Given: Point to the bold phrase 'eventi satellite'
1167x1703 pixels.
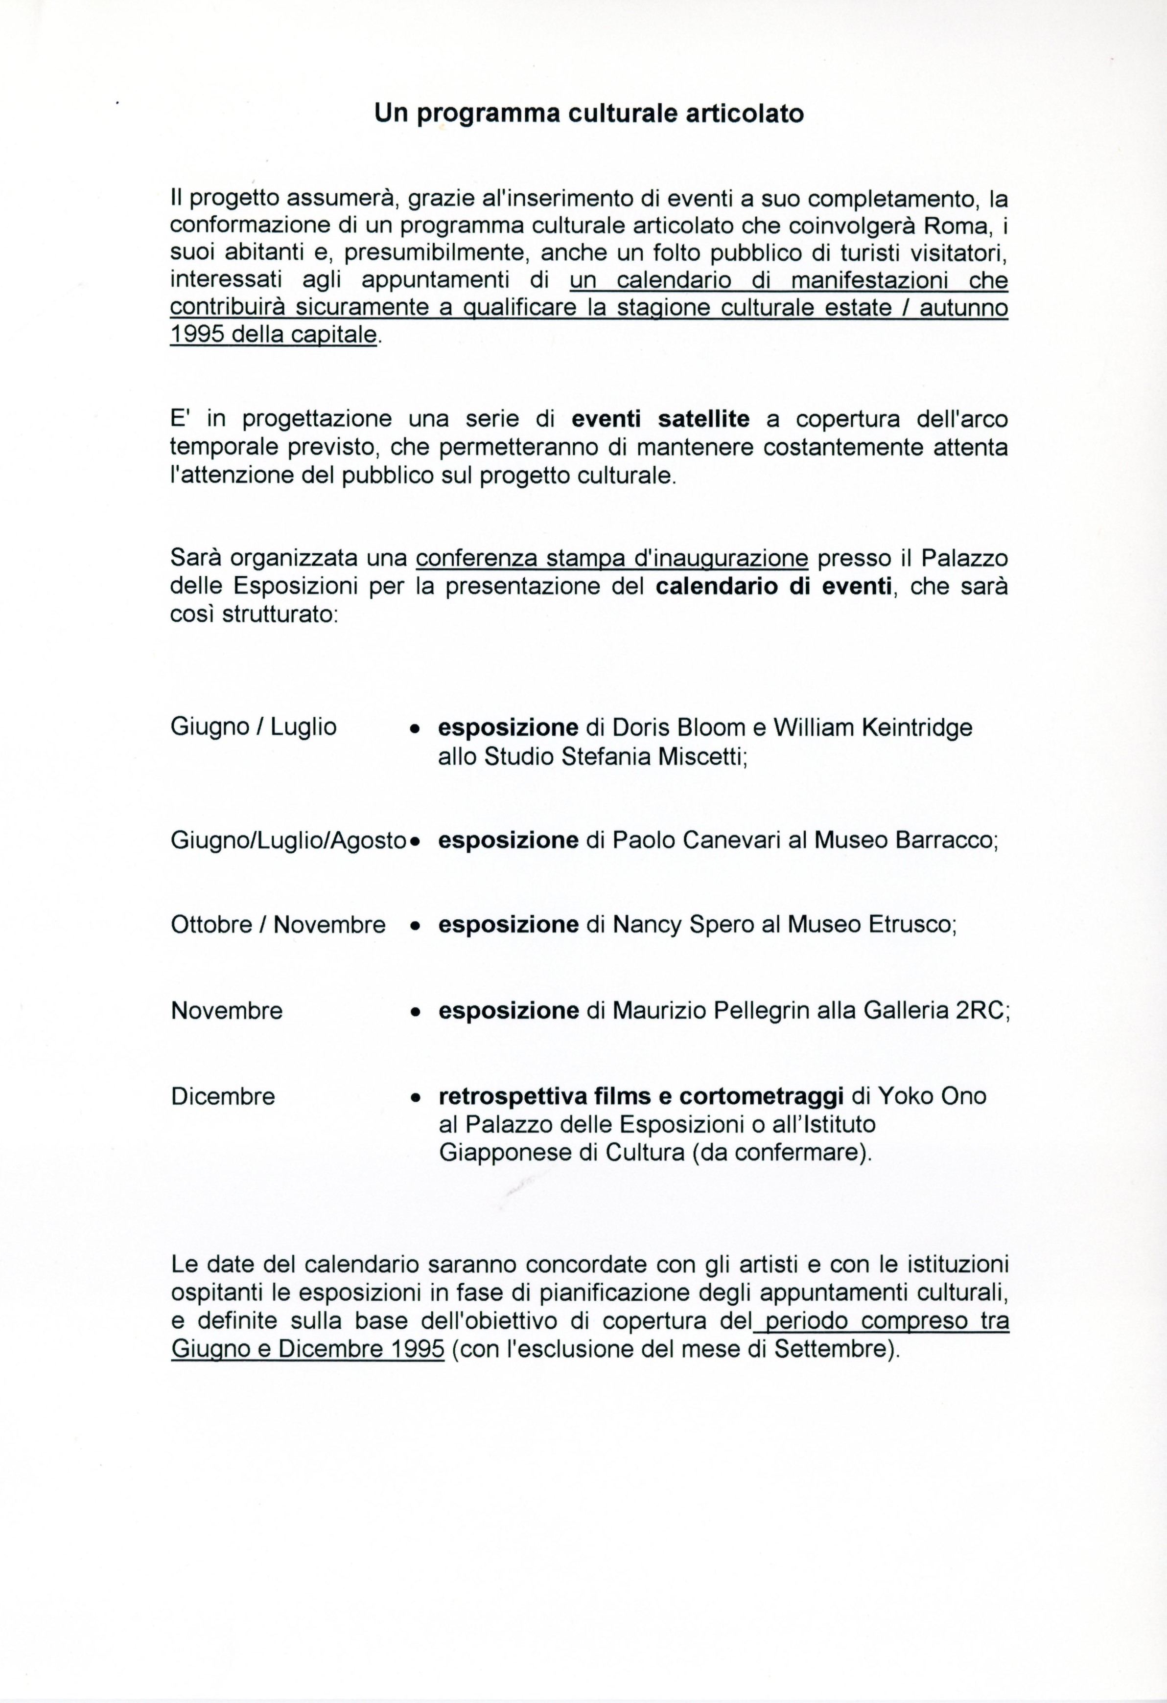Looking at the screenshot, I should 660,419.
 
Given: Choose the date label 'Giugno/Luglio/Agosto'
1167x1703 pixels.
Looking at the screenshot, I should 288,840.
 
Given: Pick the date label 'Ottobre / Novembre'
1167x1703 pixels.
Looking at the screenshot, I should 278,924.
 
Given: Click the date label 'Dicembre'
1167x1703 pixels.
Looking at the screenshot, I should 223,1096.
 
